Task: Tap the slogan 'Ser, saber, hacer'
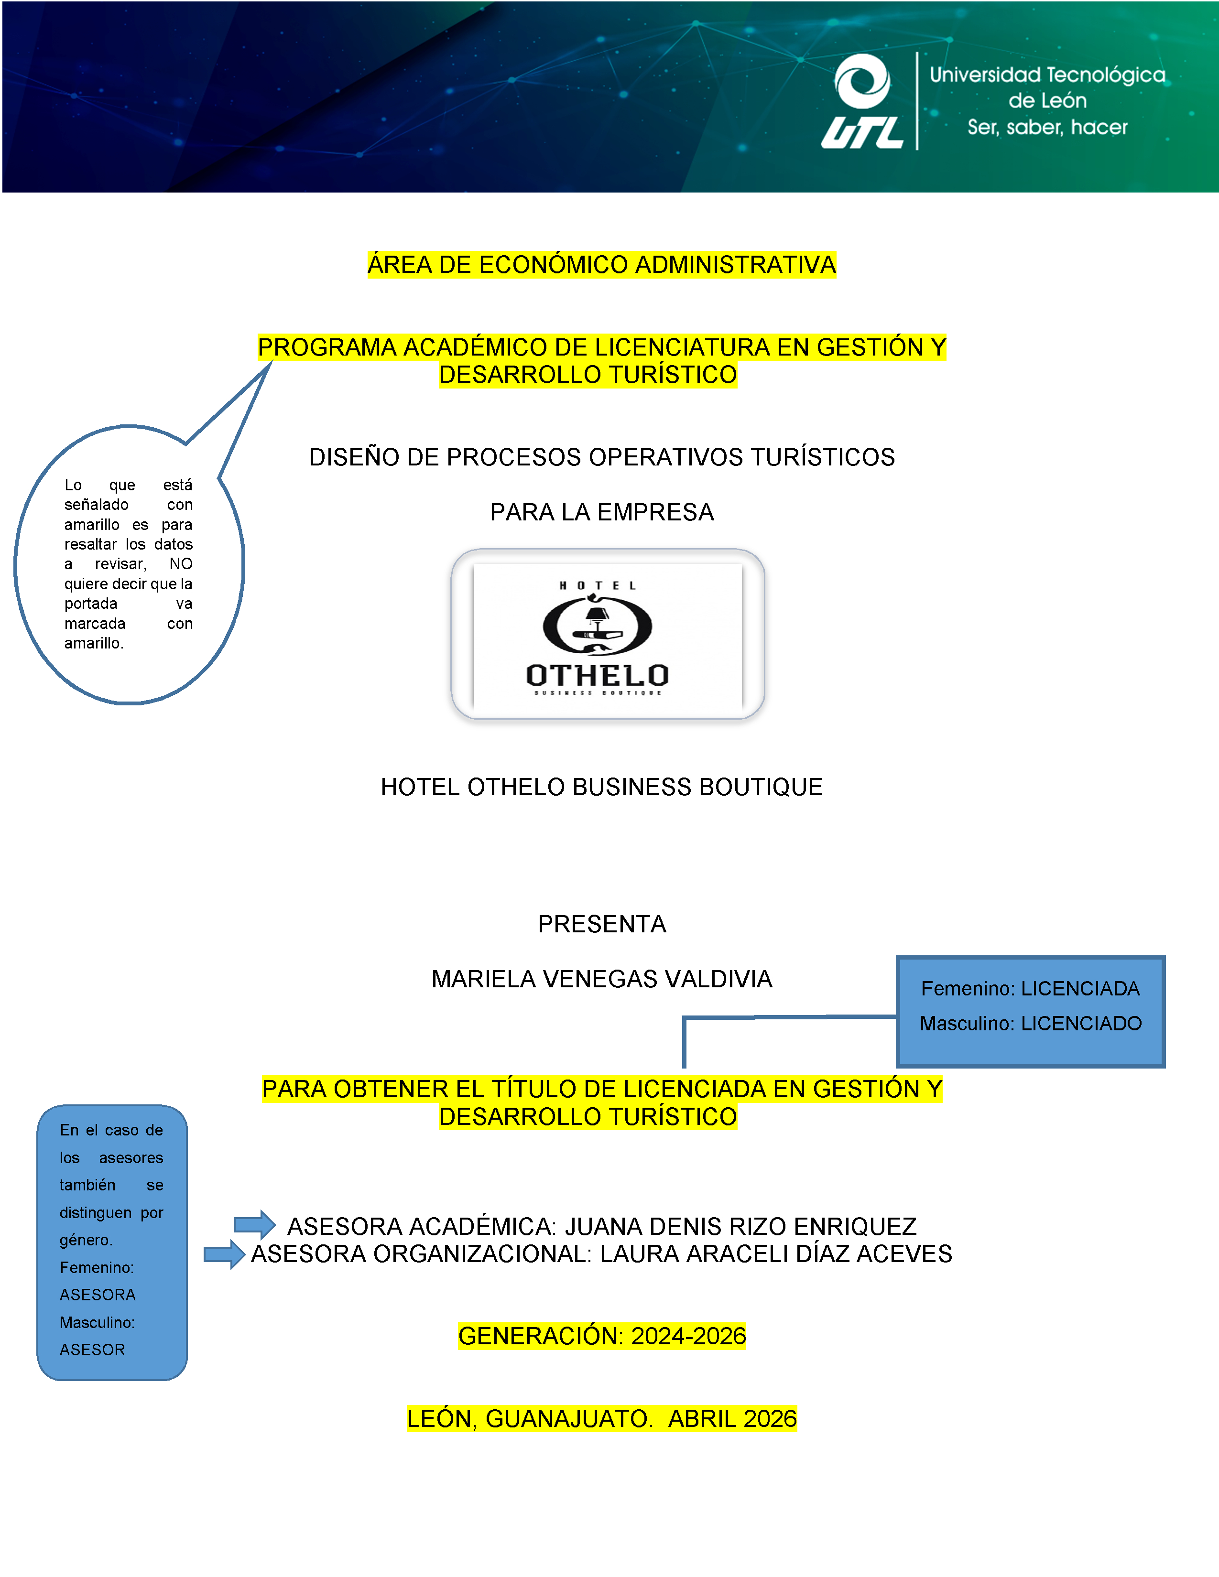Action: (x=1047, y=128)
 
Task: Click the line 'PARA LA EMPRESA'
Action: (x=601, y=512)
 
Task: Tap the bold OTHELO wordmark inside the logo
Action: (x=597, y=675)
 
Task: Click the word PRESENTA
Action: (x=601, y=924)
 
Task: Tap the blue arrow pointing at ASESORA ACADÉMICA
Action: (x=254, y=1224)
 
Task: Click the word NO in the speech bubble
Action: (x=181, y=564)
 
